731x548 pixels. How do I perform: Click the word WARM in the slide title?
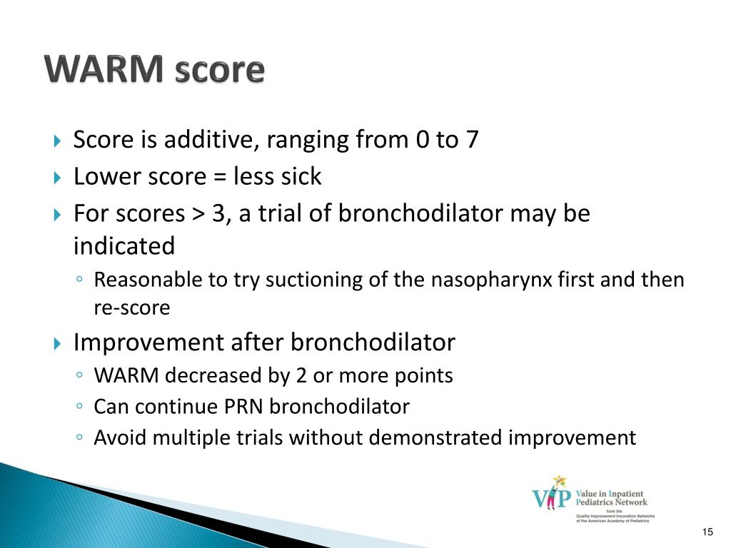point(104,69)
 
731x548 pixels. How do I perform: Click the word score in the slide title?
point(220,71)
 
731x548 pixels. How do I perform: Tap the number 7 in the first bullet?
point(473,139)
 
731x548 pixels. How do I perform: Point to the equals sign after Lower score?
point(220,177)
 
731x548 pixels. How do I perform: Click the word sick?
point(301,176)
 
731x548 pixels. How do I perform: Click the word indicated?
point(124,245)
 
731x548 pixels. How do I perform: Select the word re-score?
point(132,308)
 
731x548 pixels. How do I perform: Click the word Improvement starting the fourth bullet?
point(148,342)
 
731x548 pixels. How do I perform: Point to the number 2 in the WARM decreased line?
point(301,375)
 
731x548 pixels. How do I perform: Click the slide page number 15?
point(707,532)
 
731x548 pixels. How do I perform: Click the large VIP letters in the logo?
point(552,497)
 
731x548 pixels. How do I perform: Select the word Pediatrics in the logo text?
point(593,502)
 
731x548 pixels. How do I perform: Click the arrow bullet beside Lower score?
point(57,178)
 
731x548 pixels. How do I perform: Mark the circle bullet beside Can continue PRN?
point(79,406)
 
